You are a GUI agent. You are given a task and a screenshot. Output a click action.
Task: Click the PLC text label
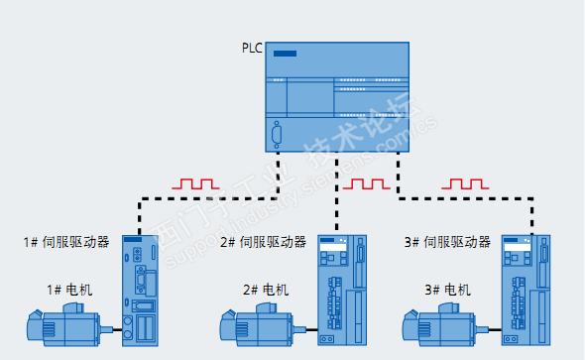point(252,49)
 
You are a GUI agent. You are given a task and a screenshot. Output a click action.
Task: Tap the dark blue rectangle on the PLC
point(285,54)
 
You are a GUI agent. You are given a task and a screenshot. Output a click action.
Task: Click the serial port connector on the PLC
point(277,135)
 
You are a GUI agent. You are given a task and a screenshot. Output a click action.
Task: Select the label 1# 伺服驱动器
point(66,242)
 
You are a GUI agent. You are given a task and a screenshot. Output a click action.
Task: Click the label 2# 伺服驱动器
point(264,242)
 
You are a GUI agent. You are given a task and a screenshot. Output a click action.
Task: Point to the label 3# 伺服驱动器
point(447,242)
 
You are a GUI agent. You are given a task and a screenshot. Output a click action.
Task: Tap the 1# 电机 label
point(69,290)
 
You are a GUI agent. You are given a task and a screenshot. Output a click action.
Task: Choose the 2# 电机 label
point(266,290)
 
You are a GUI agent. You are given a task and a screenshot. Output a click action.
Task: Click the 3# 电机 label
point(448,290)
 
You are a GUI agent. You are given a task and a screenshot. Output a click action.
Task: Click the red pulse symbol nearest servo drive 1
point(195,183)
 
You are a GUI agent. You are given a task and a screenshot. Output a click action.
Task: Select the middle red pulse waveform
point(367,183)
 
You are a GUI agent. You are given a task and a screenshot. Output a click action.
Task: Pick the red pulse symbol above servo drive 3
point(465,183)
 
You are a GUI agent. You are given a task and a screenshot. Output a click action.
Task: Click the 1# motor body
point(69,325)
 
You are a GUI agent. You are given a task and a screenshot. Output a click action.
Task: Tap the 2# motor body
point(263,325)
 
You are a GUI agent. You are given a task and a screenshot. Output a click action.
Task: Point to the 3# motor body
point(446,325)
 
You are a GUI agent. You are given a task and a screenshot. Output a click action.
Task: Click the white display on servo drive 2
point(333,247)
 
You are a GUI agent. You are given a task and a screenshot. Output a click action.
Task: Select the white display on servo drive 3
point(518,247)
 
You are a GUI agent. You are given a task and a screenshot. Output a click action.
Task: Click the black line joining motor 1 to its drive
point(118,330)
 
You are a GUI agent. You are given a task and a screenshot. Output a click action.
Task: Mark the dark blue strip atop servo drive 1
point(133,239)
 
